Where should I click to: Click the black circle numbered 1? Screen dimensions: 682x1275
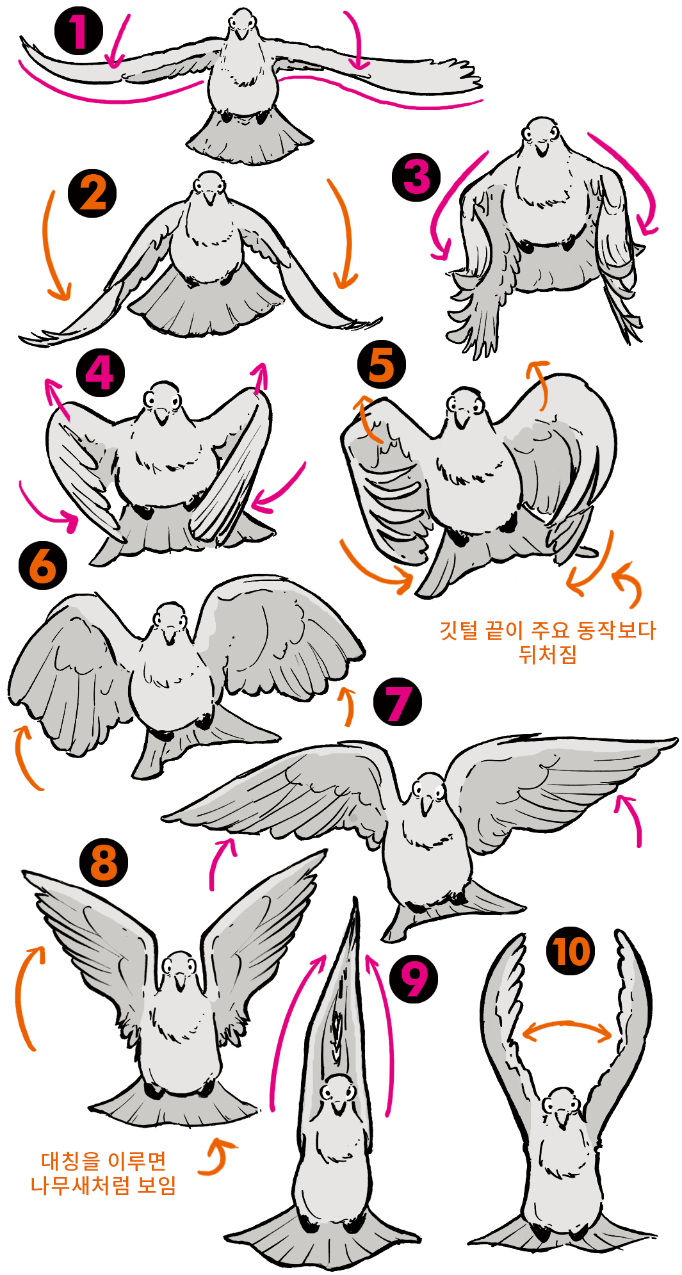(x=79, y=31)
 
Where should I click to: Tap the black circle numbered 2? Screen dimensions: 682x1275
(x=93, y=193)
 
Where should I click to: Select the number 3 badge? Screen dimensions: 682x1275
(x=417, y=177)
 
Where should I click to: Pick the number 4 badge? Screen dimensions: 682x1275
(x=100, y=373)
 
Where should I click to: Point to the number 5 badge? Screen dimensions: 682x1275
(x=381, y=364)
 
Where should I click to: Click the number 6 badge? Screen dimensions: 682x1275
(x=43, y=565)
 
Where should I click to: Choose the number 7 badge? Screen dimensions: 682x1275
(x=398, y=702)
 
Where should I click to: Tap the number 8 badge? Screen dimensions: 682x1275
(x=104, y=863)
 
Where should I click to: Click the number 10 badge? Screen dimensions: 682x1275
(x=571, y=951)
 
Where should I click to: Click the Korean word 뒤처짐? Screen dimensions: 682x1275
(x=548, y=654)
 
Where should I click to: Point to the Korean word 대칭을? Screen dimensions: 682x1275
(x=70, y=1160)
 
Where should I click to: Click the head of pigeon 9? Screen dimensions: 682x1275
(x=336, y=1091)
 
